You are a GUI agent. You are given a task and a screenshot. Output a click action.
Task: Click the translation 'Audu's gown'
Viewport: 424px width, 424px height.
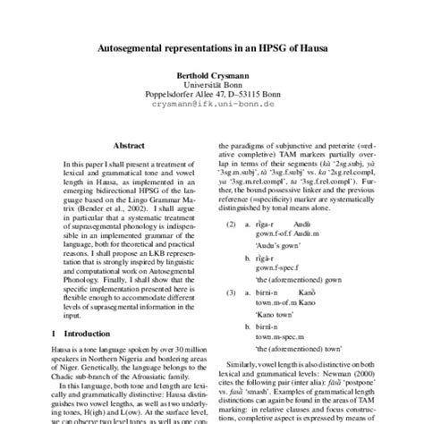click(x=277, y=245)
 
